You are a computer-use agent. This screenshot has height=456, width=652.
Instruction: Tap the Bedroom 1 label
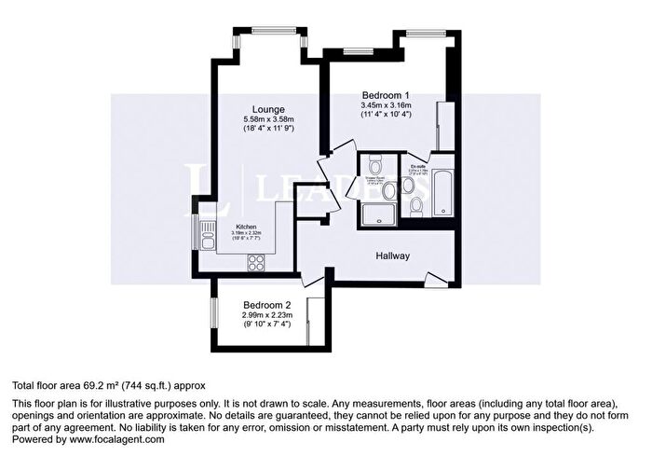(386, 94)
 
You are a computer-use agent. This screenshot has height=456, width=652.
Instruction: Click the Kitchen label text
(246, 227)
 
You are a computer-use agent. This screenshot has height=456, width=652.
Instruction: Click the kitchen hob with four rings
(255, 265)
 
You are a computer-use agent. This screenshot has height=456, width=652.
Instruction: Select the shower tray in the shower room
(374, 215)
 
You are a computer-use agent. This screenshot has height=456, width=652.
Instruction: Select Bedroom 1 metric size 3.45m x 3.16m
(386, 105)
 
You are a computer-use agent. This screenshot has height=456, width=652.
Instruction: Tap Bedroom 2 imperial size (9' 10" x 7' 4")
(268, 326)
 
